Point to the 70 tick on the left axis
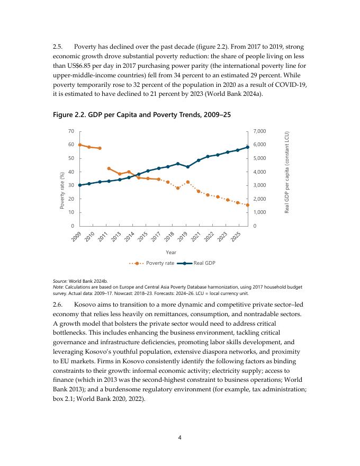tap(70, 131)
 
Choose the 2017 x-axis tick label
tap(156, 237)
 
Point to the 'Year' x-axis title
tap(171, 252)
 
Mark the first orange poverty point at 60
tap(80, 145)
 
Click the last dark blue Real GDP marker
tap(247, 147)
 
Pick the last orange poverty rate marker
tap(247, 205)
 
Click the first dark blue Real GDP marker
tap(80, 185)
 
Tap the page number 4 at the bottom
tap(180, 437)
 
